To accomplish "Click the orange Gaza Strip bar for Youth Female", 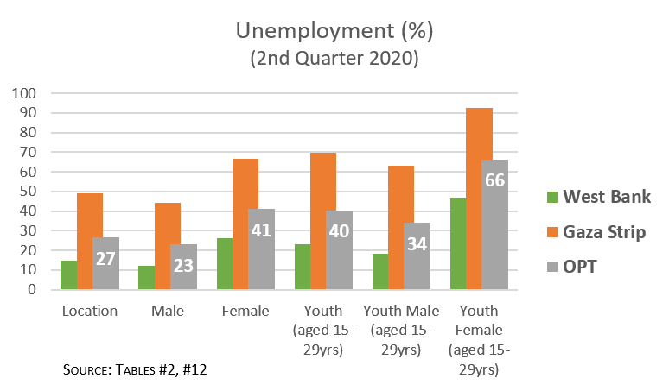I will [480, 199].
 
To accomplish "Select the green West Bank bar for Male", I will [146, 277].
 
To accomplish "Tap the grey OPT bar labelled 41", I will [261, 249].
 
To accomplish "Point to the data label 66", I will [494, 180].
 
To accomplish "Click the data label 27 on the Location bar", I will [105, 257].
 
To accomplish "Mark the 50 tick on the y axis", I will [28, 191].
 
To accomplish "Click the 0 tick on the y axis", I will [32, 289].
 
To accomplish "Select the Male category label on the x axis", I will [166, 311].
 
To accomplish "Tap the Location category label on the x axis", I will [89, 311].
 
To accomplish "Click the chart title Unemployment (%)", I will [334, 32].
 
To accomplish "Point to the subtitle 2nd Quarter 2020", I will [334, 59].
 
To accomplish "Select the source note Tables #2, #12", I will [136, 369].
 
